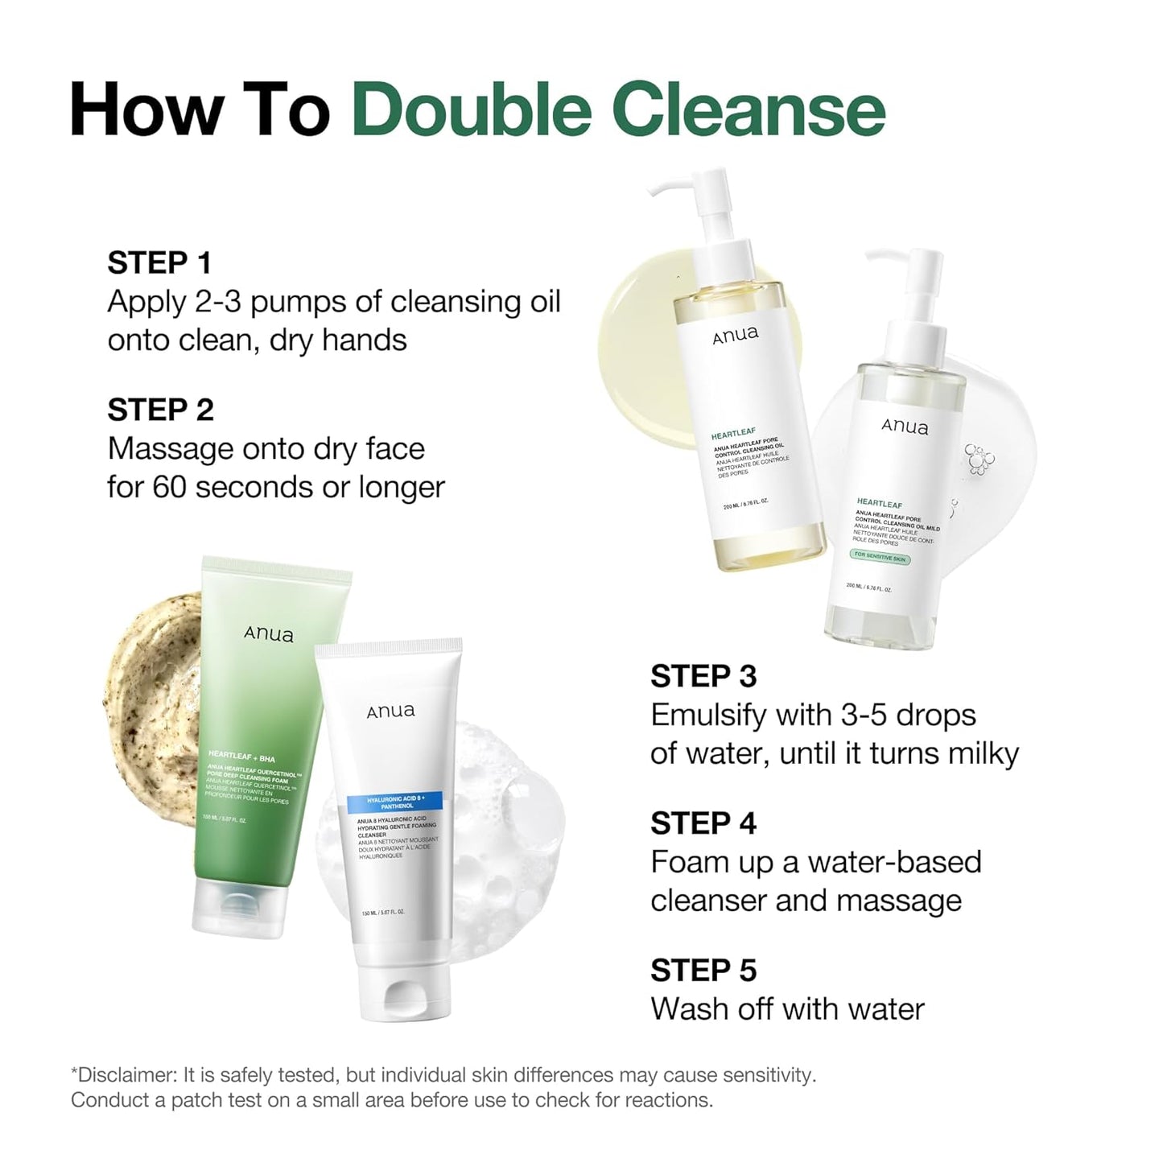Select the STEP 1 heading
tap(159, 263)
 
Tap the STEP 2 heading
tap(160, 410)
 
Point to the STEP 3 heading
tap(703, 676)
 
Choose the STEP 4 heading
tap(703, 823)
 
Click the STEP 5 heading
tap(703, 971)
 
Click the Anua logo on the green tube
tap(269, 634)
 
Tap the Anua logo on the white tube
tap(391, 711)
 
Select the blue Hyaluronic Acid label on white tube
tap(395, 802)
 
